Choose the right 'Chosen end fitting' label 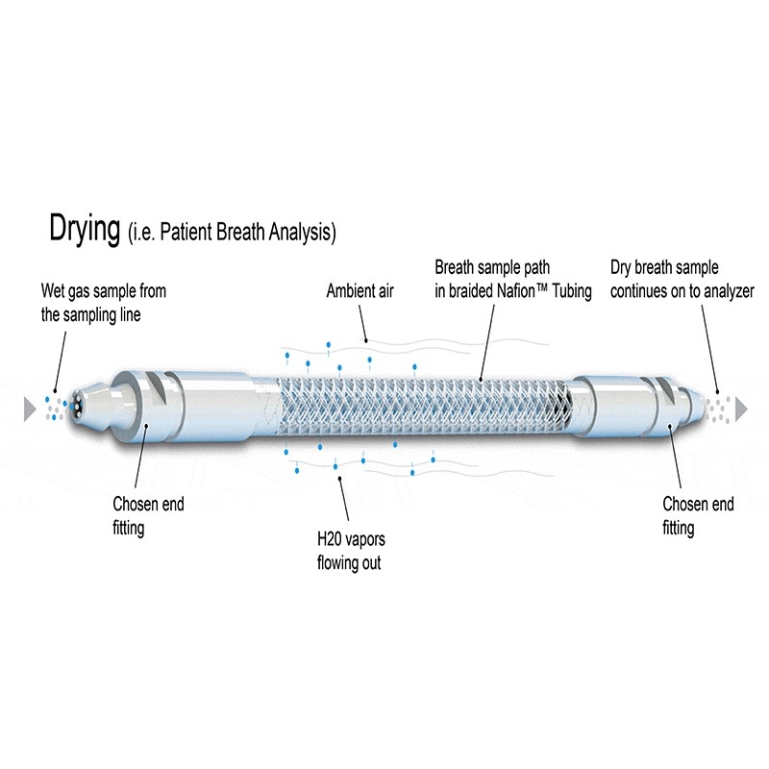pos(698,515)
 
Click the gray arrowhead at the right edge pos(741,409)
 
